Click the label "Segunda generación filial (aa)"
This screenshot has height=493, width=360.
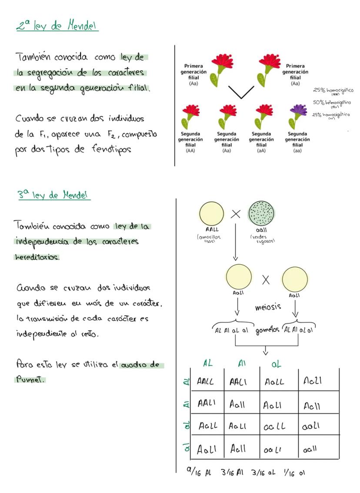[297, 141]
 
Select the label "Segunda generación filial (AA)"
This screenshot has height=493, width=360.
[190, 141]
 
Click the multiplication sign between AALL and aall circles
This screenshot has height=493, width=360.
[236, 213]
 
